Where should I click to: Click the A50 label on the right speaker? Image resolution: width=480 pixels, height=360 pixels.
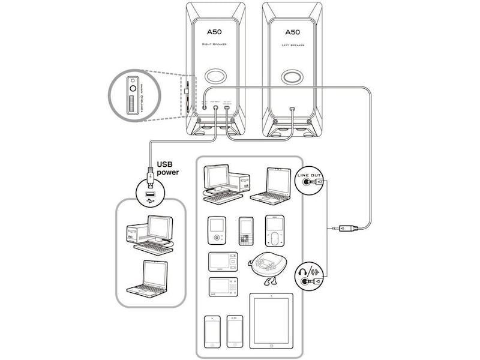[215, 33]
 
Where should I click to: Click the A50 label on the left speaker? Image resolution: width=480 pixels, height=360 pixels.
[292, 32]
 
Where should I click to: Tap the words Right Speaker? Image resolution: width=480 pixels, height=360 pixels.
[215, 45]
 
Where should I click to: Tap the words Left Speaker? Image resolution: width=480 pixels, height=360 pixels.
[292, 45]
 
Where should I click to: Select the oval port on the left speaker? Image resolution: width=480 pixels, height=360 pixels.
[292, 78]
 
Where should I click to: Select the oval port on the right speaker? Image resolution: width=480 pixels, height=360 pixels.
[215, 78]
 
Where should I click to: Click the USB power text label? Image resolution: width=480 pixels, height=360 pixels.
[169, 167]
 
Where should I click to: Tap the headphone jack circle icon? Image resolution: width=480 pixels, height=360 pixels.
[309, 275]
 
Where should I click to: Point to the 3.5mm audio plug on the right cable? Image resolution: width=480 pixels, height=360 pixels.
[347, 228]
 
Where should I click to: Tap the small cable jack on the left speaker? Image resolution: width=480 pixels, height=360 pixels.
[292, 109]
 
